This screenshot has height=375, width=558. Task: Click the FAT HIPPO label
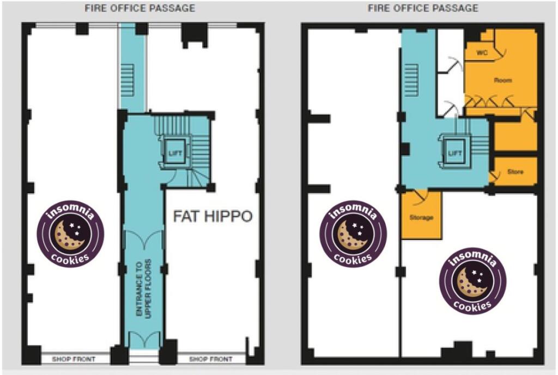213,216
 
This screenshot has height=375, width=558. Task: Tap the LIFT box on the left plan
175,152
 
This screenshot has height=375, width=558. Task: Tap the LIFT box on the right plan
455,152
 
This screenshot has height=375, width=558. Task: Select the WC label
482,53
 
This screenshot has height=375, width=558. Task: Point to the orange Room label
503,81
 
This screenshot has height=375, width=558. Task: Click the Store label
515,171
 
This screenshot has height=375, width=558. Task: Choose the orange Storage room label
421,217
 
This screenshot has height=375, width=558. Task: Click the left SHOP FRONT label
74,359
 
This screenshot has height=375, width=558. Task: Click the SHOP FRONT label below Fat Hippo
211,359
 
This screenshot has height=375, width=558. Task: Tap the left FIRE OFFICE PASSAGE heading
140,8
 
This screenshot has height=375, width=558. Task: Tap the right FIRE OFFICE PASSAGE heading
423,8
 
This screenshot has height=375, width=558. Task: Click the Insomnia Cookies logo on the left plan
71,234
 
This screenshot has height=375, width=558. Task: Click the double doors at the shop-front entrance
144,340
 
